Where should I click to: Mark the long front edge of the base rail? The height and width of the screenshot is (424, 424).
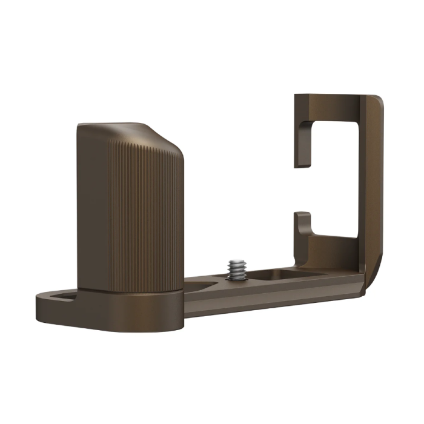(273, 303)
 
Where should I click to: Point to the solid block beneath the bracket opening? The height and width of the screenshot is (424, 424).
(330, 254)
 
